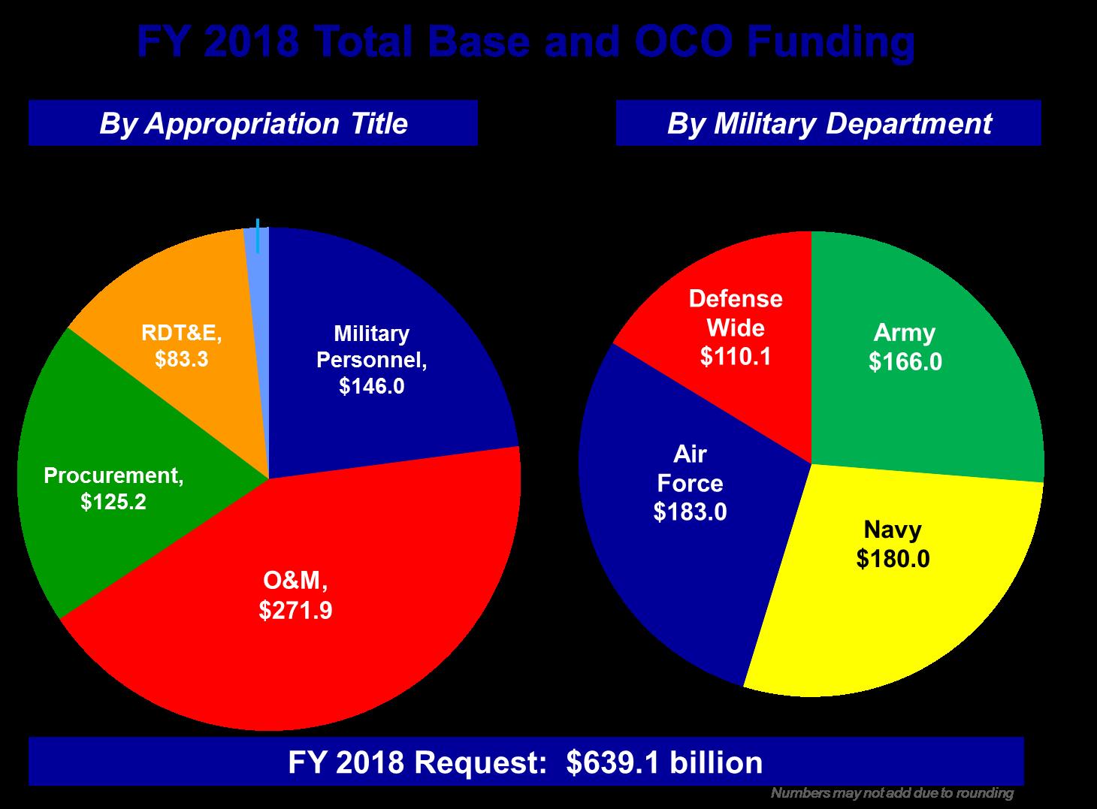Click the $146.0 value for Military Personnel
pos(371,386)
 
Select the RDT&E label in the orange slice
pos(181,333)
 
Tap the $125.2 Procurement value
pos(113,501)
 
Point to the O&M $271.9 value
pos(295,610)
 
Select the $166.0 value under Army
pos(905,362)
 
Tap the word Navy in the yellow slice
pos(893,530)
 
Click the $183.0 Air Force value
pos(690,512)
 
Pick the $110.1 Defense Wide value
pos(736,356)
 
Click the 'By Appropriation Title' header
pos(253,123)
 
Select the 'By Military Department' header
pos(829,123)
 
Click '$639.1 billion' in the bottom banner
pos(664,762)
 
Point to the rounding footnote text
pos(892,793)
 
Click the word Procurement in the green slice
pos(113,475)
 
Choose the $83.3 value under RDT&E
pos(181,360)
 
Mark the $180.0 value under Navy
pos(893,559)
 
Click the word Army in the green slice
pos(905,333)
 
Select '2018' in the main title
pos(249,43)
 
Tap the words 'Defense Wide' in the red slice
pos(736,313)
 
